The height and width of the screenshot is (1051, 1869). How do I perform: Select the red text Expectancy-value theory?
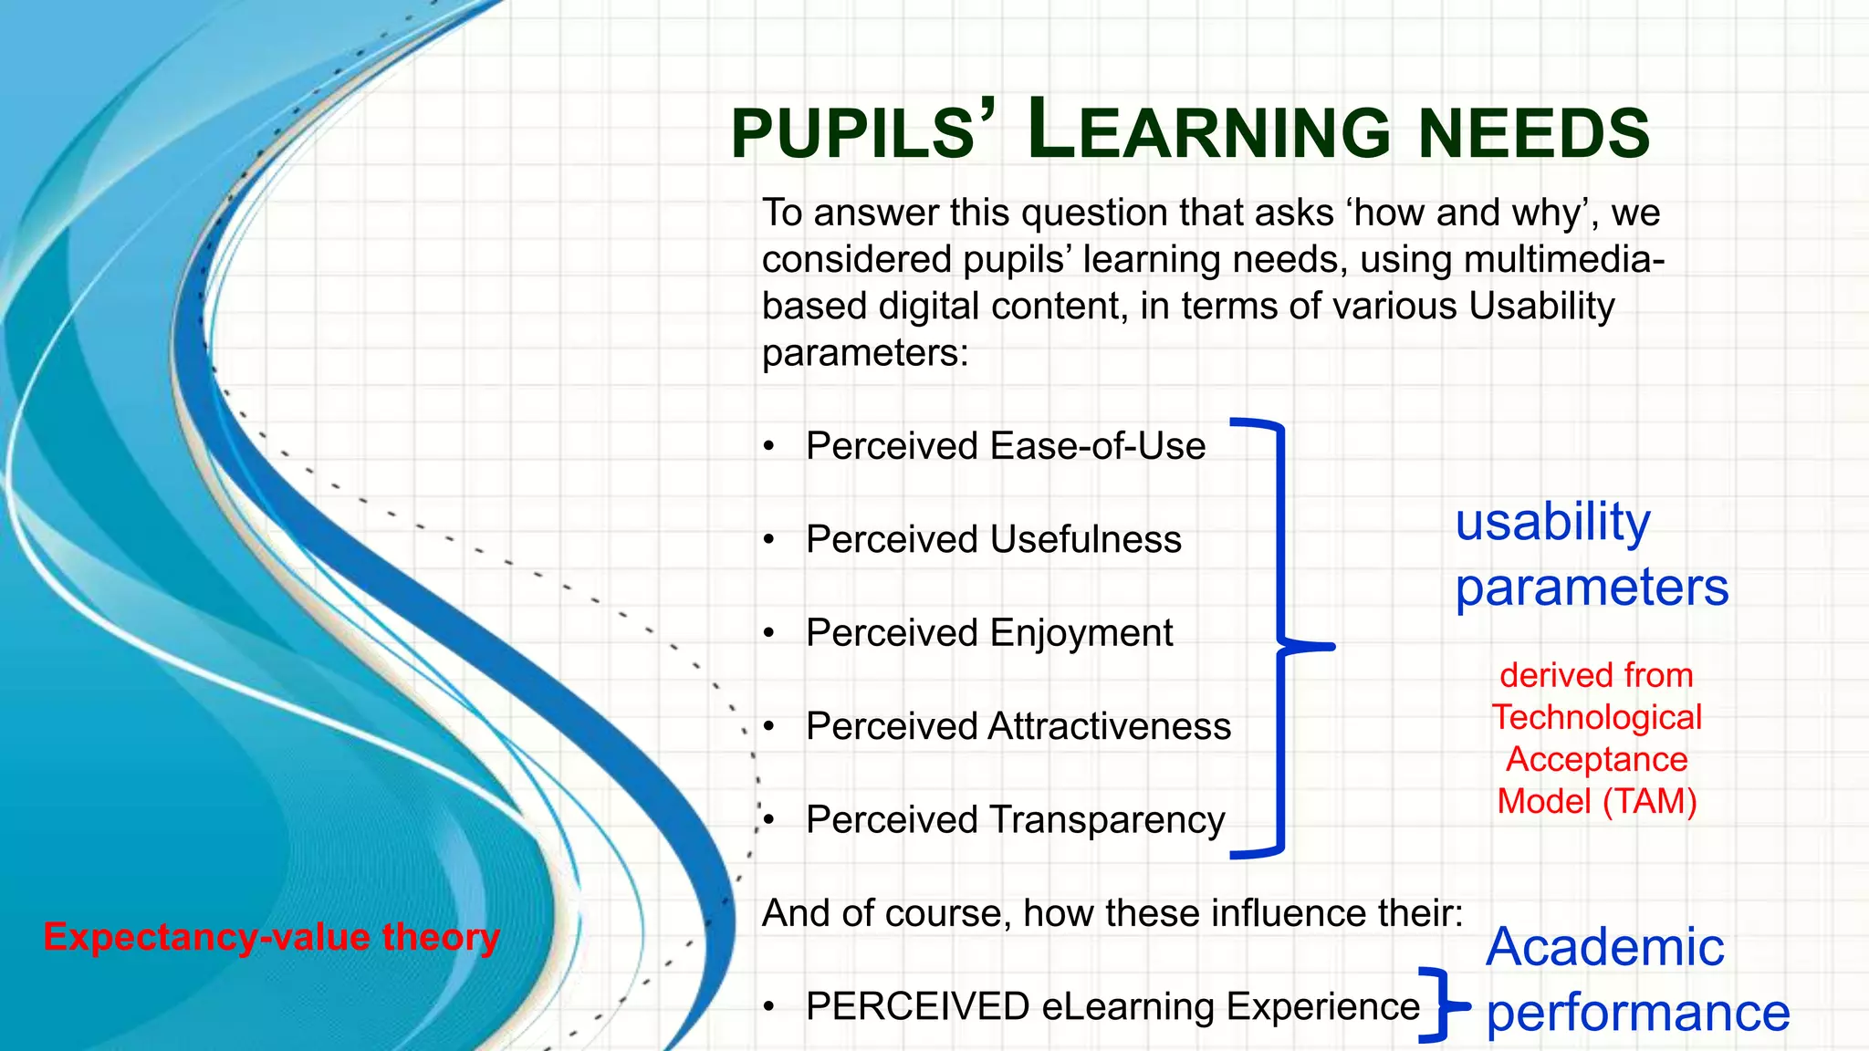click(272, 938)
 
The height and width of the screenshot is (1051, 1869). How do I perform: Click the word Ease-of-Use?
click(1097, 447)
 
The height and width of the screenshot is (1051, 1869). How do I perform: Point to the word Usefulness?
click(1085, 540)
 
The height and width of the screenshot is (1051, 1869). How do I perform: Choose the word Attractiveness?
click(1109, 727)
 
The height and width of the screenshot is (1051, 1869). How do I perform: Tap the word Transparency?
click(1106, 820)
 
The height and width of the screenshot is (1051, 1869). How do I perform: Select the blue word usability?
click(1552, 523)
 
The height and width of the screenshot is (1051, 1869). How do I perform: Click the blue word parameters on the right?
click(1592, 588)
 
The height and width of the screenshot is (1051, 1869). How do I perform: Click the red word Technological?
click(1597, 718)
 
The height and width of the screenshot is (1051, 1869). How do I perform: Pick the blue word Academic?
click(1604, 947)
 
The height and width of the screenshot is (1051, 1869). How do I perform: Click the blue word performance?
click(1637, 1014)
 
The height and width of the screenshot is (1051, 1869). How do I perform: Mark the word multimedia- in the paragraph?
click(1564, 260)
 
